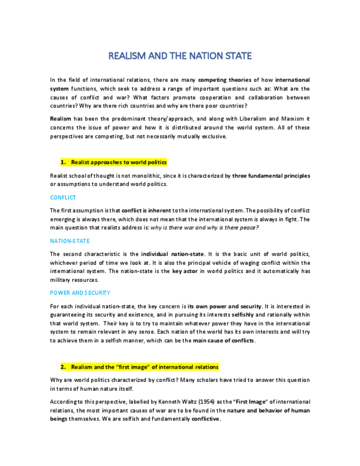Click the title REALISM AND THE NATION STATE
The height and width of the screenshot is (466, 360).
tap(180, 56)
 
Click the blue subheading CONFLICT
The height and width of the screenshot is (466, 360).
tap(63, 197)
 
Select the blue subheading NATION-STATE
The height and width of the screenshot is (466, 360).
tap(70, 241)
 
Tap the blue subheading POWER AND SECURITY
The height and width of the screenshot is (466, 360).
tap(80, 293)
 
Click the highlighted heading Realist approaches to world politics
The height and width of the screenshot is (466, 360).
tap(118, 163)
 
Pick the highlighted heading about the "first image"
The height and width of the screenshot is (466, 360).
tap(145, 367)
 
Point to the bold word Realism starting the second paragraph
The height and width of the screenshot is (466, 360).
tap(60, 119)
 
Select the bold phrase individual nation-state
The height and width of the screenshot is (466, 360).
tap(173, 254)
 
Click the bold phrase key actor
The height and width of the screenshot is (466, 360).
tap(184, 271)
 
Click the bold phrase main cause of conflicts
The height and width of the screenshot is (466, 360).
tap(224, 340)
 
